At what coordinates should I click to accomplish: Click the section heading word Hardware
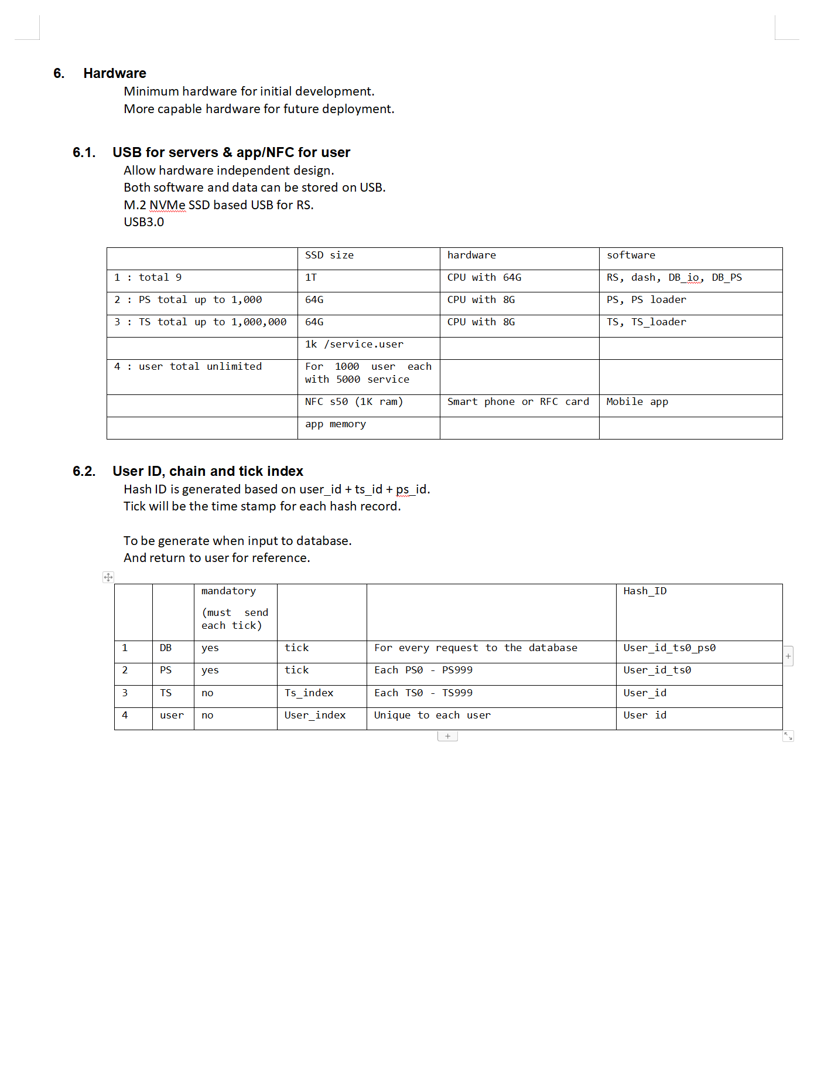tap(115, 73)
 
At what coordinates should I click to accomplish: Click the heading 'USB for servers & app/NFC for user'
tap(231, 152)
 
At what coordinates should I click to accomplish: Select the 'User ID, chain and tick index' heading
tap(208, 471)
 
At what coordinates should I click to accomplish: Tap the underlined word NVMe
tap(167, 205)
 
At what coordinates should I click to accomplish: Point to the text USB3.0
tap(144, 222)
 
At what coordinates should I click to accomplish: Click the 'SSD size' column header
tap(329, 256)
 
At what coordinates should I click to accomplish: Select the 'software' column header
tap(631, 256)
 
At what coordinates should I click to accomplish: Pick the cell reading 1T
tap(311, 278)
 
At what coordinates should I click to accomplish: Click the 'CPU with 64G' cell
tap(484, 278)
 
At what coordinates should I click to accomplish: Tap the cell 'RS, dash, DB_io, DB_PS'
tap(674, 278)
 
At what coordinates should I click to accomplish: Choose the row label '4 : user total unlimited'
tap(188, 367)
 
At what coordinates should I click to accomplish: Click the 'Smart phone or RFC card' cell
tap(518, 402)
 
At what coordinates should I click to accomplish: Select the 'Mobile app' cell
tap(637, 402)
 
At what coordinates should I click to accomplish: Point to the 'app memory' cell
tap(336, 424)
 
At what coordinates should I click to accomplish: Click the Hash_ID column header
tap(645, 591)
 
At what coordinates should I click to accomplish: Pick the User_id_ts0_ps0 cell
tap(669, 648)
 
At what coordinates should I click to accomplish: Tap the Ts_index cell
tap(309, 693)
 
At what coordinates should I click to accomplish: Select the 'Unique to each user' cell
tap(432, 716)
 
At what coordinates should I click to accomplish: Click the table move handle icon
tap(108, 577)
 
